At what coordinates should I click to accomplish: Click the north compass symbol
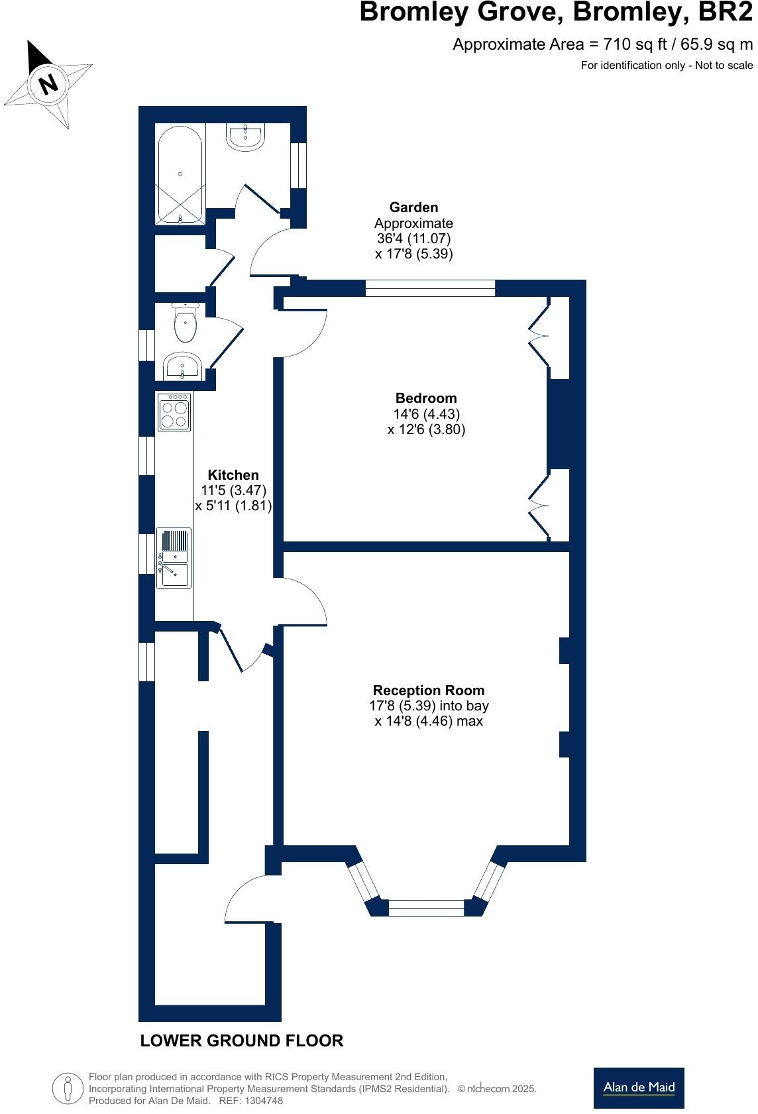[x=48, y=83]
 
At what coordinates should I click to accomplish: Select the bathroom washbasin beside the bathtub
[x=246, y=137]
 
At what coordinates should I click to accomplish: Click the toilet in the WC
[x=185, y=323]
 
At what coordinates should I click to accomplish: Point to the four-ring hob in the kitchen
[x=174, y=412]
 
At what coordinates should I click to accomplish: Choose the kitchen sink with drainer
[x=174, y=558]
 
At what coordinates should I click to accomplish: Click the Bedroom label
[x=426, y=398]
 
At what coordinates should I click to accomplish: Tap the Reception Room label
[x=429, y=691]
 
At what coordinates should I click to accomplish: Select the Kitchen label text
[x=233, y=475]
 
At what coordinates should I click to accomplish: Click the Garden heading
[x=413, y=207]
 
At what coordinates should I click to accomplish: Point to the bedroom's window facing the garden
[x=430, y=288]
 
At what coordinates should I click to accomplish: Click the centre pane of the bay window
[x=426, y=908]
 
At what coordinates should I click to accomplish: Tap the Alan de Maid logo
[x=639, y=1087]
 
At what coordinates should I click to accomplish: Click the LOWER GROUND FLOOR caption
[x=242, y=1040]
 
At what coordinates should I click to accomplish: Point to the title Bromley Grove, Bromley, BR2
[x=556, y=13]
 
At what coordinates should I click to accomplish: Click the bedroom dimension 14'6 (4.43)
[x=426, y=414]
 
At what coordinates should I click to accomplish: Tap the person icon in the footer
[x=68, y=1088]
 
